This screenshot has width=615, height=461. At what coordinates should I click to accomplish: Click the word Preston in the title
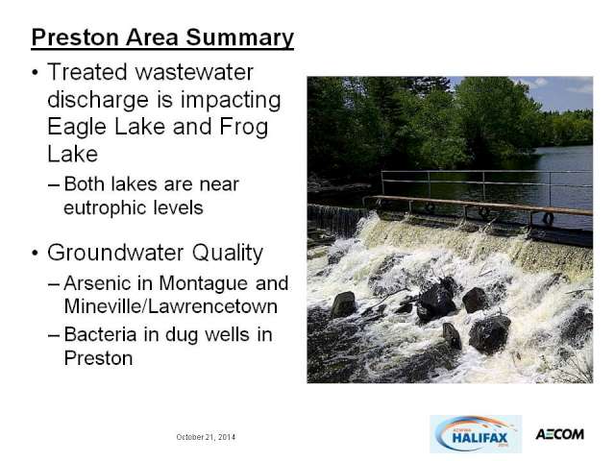(x=75, y=37)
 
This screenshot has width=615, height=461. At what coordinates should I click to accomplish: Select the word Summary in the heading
(x=239, y=38)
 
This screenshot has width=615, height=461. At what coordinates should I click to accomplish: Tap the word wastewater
(x=194, y=72)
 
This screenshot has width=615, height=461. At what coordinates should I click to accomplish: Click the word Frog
(x=243, y=128)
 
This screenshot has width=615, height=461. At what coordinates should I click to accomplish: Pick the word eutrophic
(x=105, y=207)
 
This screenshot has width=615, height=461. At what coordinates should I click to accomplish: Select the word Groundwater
(x=115, y=253)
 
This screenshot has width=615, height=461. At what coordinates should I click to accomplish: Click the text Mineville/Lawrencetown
(x=171, y=306)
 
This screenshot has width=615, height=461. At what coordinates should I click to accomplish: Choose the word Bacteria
(x=100, y=334)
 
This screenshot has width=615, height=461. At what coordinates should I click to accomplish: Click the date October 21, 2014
(x=206, y=437)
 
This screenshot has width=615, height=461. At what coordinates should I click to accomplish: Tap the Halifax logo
(x=476, y=434)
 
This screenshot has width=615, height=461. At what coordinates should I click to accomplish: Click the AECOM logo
(x=559, y=434)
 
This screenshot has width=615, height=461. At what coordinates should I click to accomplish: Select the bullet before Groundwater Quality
(x=36, y=254)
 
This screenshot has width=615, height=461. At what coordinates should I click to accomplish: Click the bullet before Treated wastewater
(x=36, y=73)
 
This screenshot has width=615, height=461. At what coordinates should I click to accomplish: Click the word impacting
(x=231, y=101)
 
